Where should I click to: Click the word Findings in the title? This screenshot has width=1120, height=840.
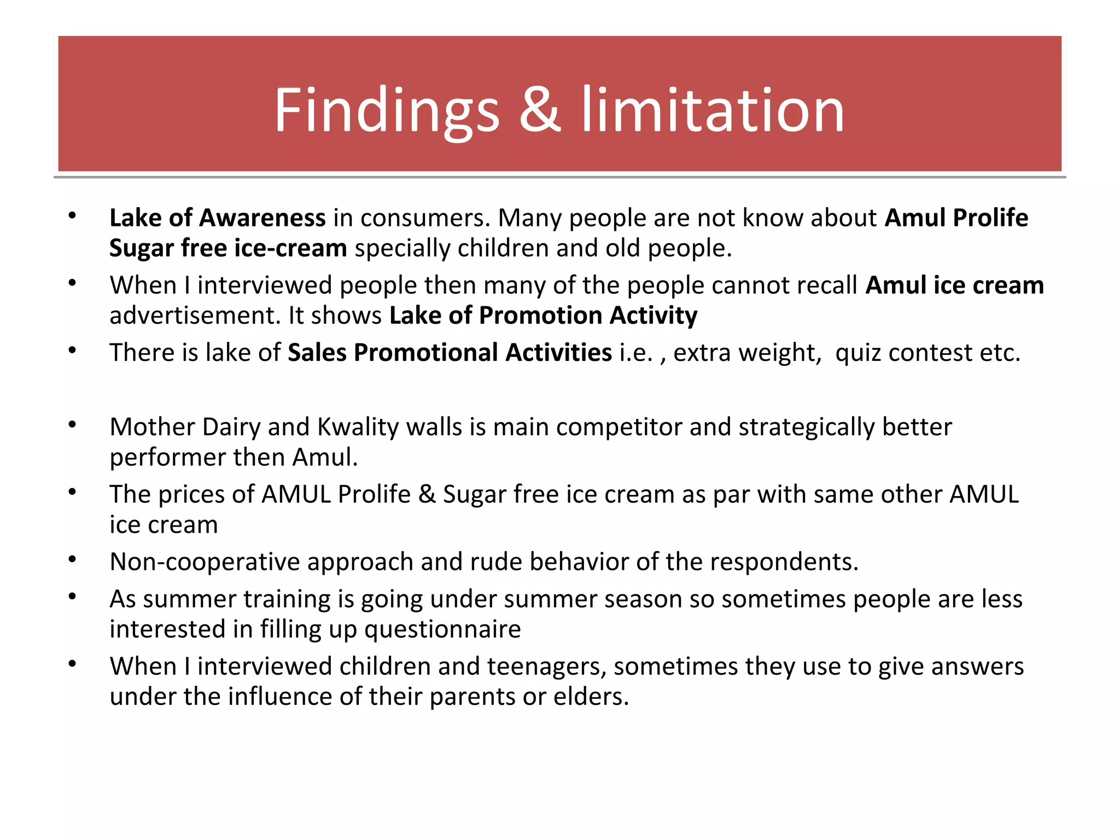[386, 110]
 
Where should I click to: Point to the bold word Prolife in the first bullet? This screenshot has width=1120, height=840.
[990, 218]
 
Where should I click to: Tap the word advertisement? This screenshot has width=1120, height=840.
[195, 316]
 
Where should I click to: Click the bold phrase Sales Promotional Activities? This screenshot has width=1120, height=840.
[450, 353]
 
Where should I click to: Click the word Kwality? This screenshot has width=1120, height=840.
[358, 427]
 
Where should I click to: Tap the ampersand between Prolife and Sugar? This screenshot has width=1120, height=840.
[427, 494]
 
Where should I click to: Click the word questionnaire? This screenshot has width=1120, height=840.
[442, 629]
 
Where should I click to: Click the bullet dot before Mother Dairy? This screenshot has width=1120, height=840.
[72, 424]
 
